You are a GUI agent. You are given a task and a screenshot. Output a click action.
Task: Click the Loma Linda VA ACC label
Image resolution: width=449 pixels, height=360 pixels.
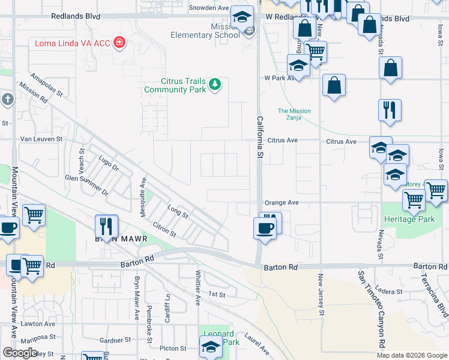coord(73,43)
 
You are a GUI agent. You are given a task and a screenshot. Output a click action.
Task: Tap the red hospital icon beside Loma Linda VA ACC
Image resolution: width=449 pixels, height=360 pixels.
coord(119,43)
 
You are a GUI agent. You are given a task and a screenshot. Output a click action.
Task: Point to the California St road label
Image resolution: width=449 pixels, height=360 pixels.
coord(261,137)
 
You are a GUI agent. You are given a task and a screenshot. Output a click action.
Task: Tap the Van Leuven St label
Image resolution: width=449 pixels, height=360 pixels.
coord(41,139)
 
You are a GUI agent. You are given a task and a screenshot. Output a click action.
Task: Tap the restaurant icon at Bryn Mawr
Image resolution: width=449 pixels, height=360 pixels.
coord(106,227)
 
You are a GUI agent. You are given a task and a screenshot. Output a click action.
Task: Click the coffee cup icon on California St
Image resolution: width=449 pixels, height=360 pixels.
coord(265,228)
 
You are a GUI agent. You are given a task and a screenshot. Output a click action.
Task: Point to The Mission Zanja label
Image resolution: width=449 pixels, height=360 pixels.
coord(294,115)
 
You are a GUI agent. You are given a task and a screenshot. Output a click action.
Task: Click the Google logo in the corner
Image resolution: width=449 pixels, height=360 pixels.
coord(20,353)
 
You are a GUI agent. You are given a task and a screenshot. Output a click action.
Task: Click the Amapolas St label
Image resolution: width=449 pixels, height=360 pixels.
coord(46,85)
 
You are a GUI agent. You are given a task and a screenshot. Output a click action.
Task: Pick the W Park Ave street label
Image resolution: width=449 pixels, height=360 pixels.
coord(281,78)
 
